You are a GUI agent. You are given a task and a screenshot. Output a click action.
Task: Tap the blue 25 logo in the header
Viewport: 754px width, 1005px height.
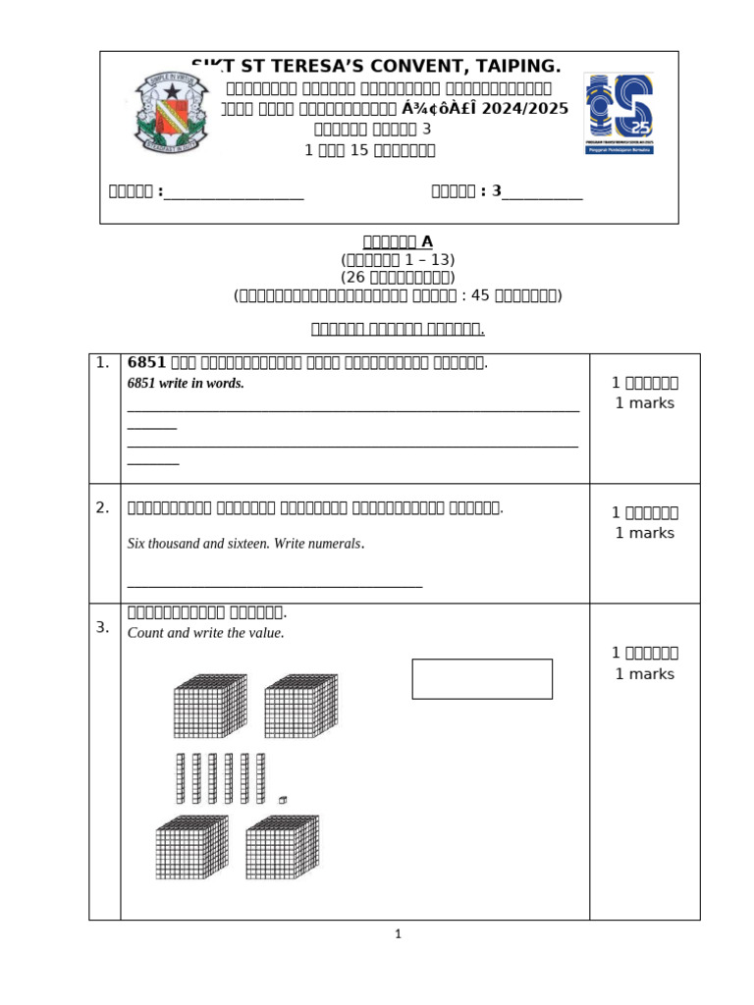point(619,112)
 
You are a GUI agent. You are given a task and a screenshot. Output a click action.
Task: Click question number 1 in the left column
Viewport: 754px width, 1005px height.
point(103,363)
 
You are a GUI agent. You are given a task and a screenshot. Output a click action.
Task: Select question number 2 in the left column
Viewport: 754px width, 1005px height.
point(103,507)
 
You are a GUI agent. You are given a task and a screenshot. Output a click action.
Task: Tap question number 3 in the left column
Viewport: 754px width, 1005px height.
point(103,627)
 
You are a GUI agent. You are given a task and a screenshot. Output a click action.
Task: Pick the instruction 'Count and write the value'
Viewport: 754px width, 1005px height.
point(206,633)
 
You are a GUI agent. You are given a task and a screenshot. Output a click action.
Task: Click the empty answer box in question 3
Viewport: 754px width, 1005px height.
point(481,679)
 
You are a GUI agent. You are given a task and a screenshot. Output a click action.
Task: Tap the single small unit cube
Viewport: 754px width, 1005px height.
point(283,800)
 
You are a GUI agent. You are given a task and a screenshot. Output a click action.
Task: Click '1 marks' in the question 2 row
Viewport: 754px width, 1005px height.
point(644,533)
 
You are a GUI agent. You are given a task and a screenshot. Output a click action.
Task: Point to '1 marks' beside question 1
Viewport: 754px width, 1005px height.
point(644,403)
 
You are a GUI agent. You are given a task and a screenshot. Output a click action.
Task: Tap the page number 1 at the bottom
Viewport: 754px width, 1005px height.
point(398,934)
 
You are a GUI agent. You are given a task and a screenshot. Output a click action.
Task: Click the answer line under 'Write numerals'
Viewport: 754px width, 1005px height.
point(275,585)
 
